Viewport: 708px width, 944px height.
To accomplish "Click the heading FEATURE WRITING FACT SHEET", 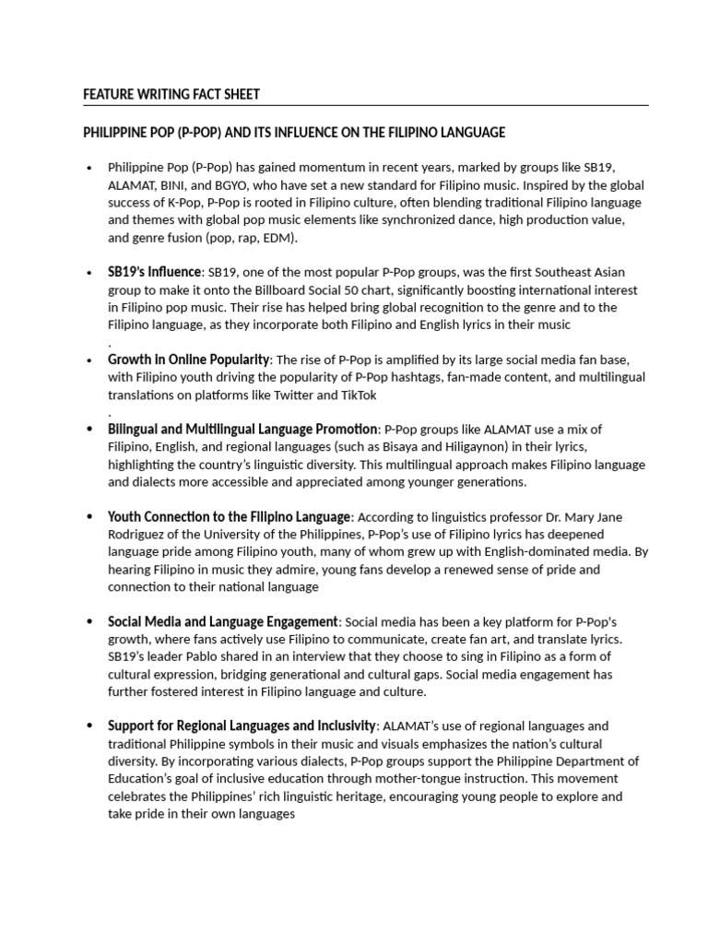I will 171,94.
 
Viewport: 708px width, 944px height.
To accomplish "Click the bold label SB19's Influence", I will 154,272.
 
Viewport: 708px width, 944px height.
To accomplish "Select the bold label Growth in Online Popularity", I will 188,360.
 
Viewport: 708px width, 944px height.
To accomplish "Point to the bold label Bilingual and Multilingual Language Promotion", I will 242,430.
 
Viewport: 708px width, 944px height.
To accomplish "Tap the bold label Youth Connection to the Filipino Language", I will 229,517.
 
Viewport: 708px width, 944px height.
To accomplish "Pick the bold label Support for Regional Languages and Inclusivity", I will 242,726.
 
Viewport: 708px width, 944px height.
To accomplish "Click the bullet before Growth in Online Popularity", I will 88,360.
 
